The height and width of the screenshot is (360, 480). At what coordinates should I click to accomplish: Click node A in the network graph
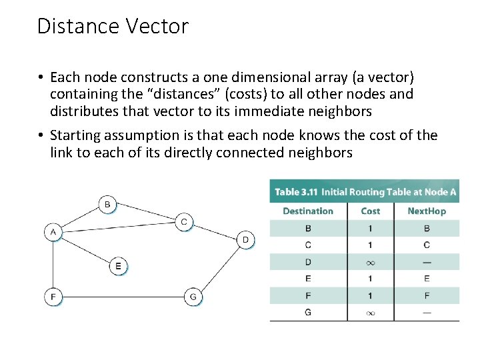(x=53, y=232)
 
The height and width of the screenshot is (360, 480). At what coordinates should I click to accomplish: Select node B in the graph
(x=107, y=203)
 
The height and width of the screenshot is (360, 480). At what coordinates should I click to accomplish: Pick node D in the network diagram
(x=245, y=239)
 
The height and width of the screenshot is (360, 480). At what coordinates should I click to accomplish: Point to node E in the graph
(x=118, y=266)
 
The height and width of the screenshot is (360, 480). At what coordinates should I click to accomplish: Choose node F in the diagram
(x=53, y=296)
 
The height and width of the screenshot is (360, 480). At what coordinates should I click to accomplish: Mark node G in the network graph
(x=193, y=296)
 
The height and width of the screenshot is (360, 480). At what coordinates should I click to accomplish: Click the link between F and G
(x=123, y=296)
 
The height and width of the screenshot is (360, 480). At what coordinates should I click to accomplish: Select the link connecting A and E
(x=85, y=249)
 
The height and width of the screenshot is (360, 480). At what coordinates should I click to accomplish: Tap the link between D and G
(x=220, y=266)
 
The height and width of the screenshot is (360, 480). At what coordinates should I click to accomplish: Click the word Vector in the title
(x=156, y=27)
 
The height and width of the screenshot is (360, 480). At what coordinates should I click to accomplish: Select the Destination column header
(x=307, y=211)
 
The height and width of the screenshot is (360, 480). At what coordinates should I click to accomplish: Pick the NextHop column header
(x=427, y=211)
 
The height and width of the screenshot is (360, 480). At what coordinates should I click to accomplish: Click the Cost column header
(x=370, y=211)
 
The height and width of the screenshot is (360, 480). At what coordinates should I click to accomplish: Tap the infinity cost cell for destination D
(x=370, y=262)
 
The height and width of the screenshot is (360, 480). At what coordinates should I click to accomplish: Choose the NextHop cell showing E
(x=427, y=279)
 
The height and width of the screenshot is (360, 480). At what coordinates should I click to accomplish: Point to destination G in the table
(x=307, y=312)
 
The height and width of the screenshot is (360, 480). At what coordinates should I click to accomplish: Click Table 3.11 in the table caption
(x=296, y=192)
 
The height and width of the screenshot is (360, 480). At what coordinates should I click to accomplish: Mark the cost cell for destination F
(x=370, y=295)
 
